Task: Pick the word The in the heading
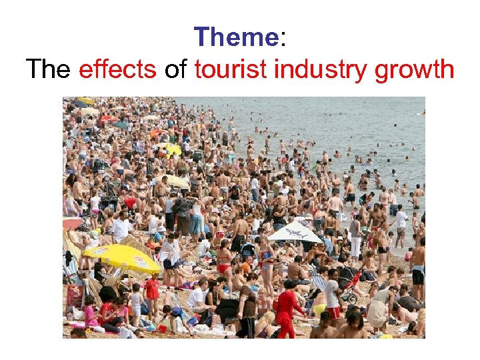click(48, 69)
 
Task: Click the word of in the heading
click(176, 69)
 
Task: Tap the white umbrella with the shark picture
click(294, 232)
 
